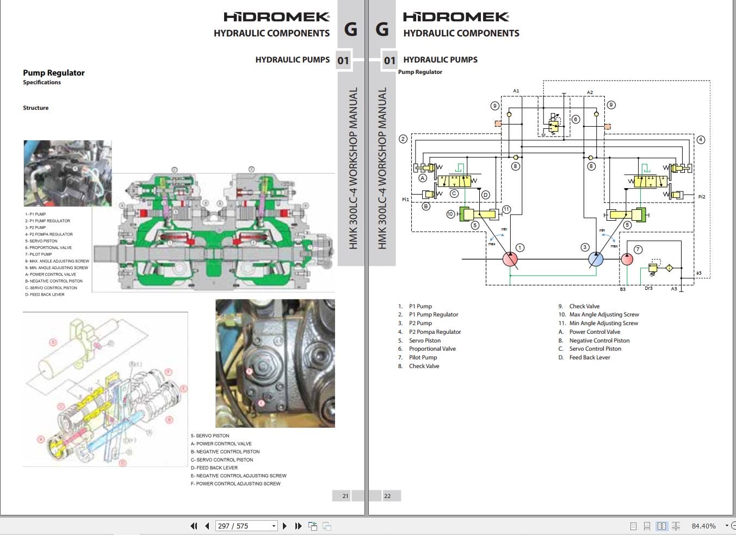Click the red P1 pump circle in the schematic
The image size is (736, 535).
click(x=510, y=259)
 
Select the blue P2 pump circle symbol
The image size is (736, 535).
click(x=596, y=259)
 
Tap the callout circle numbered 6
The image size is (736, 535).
click(x=576, y=119)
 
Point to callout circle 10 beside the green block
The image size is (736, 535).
click(x=450, y=214)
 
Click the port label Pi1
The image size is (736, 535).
click(x=405, y=200)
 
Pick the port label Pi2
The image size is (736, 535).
click(x=702, y=197)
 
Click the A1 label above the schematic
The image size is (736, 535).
click(x=516, y=91)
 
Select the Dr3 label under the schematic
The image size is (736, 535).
click(x=648, y=288)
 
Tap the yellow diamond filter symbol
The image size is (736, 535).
click(x=669, y=268)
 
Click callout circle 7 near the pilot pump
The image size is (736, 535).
click(x=638, y=250)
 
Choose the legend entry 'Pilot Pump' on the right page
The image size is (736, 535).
click(x=423, y=357)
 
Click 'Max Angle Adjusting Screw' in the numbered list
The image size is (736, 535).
click(x=604, y=314)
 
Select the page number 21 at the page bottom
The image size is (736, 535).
click(x=345, y=496)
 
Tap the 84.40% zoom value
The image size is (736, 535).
click(x=703, y=526)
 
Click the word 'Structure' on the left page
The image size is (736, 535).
click(x=35, y=108)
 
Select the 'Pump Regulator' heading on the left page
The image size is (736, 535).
click(x=53, y=73)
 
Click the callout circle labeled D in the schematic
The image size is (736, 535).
click(x=485, y=195)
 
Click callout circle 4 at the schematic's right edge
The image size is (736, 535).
click(x=701, y=140)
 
